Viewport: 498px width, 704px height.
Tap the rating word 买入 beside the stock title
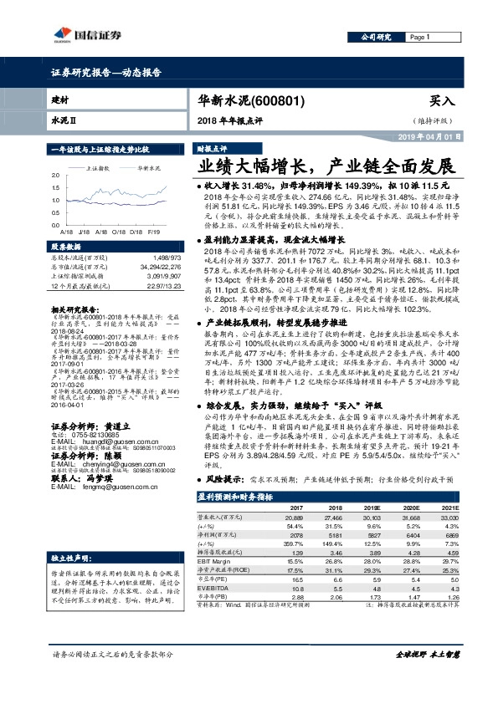tap(442, 100)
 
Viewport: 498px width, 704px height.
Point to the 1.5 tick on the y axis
tap(56, 188)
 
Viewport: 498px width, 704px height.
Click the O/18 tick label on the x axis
tap(117, 231)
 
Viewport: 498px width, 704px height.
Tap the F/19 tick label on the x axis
tap(153, 231)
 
